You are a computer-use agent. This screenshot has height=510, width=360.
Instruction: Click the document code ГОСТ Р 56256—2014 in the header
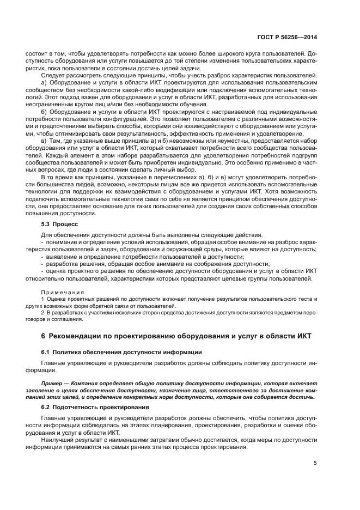[x=287, y=38]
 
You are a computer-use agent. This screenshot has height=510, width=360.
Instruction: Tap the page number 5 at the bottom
[x=315, y=463]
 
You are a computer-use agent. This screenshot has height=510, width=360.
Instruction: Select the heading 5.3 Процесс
[x=60, y=223]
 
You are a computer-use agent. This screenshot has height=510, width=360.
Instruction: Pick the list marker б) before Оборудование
[x=45, y=111]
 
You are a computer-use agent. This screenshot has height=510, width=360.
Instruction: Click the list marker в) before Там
[x=45, y=141]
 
